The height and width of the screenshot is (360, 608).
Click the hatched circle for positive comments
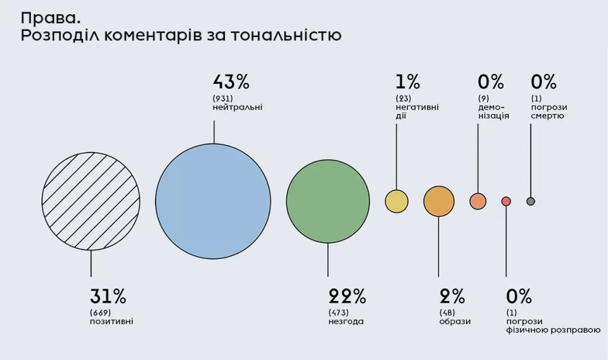coord(91,201)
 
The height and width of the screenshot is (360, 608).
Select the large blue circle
coord(213,201)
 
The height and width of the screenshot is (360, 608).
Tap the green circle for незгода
coord(328,201)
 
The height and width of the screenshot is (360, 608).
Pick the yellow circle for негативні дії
coord(397,201)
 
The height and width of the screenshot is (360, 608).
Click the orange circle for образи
coord(439,201)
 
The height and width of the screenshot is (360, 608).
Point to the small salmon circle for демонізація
coord(478,201)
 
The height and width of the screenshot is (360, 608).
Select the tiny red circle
coord(506,201)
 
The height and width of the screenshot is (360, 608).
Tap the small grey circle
coord(531,201)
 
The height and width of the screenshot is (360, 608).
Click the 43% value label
coord(230,81)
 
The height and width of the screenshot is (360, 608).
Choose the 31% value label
coord(107,296)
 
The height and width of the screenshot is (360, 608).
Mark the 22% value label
coord(347,296)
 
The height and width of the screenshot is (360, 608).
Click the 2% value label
coord(452,296)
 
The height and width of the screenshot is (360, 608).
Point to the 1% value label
coord(407,81)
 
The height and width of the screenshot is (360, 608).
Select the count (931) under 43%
coord(222,97)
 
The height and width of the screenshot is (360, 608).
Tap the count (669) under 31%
coord(100,312)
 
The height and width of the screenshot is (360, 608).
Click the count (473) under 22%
coord(338,312)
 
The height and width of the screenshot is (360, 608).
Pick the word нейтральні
coord(237,108)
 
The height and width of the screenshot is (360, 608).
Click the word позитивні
coord(112,321)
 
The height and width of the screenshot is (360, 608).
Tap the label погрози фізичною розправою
coord(553,326)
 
